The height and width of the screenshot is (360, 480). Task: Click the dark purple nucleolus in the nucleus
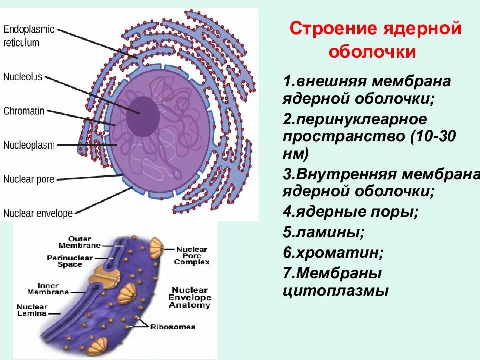(x=142, y=116)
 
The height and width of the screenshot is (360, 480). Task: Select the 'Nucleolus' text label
(x=23, y=77)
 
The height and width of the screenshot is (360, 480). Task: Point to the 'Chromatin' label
(x=24, y=111)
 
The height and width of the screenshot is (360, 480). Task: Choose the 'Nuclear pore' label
(x=29, y=179)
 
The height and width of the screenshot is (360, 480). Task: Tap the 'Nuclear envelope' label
(x=38, y=214)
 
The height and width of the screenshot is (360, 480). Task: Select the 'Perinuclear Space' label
(x=70, y=261)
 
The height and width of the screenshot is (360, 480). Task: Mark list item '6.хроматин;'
(x=333, y=253)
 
